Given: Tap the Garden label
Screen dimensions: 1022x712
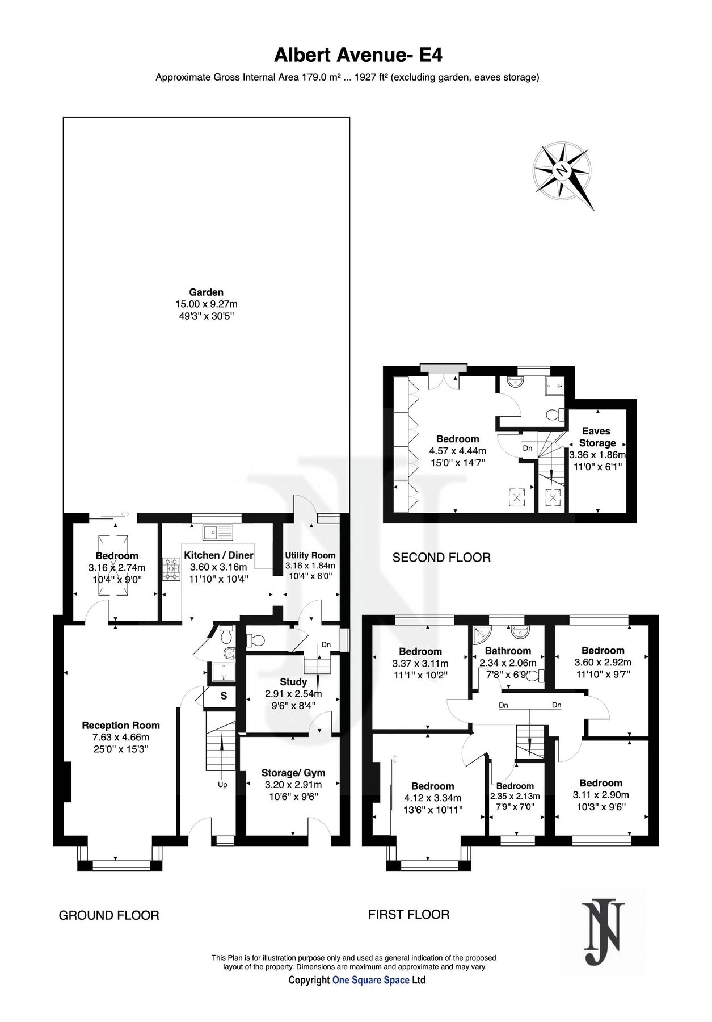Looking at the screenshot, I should click(206, 292).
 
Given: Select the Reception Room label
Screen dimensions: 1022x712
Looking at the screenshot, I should click(121, 725).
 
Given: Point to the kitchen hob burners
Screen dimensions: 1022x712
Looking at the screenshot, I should click(171, 569).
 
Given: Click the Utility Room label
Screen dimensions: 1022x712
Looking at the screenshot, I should click(310, 555).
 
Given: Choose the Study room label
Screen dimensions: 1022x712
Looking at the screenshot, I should click(293, 682).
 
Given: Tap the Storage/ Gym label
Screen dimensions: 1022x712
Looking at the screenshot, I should click(293, 773).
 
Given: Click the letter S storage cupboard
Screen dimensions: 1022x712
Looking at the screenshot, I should click(224, 696).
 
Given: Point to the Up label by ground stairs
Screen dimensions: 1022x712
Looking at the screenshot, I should click(222, 785).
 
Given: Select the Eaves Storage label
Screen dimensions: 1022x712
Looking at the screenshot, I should click(597, 437).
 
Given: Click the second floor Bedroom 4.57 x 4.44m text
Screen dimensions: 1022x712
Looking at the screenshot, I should click(457, 451).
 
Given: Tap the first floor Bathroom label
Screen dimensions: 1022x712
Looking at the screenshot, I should click(508, 651).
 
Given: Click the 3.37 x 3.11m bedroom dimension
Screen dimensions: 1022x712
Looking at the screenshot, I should click(420, 663).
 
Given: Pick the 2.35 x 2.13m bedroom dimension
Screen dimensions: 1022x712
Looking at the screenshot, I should click(515, 796).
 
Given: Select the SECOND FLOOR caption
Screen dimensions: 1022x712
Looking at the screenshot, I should click(441, 558).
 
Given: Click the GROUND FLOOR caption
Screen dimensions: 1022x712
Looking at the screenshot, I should click(109, 915).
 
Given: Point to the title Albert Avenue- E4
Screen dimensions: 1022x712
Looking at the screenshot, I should click(357, 55).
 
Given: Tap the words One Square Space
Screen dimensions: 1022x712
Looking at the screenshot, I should click(370, 980).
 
